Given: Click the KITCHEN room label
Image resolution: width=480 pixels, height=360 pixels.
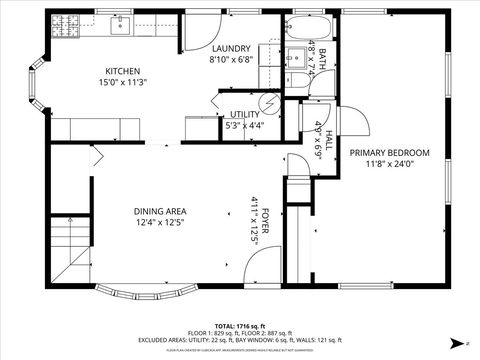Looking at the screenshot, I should [x=123, y=71].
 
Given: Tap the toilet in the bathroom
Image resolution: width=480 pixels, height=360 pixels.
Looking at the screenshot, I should [x=295, y=80].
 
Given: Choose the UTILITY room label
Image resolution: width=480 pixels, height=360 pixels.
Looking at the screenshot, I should [x=244, y=115].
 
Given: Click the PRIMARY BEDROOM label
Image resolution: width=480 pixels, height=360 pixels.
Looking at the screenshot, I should [x=389, y=152].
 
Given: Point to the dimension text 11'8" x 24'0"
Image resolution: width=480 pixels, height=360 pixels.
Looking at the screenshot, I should [x=389, y=164].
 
